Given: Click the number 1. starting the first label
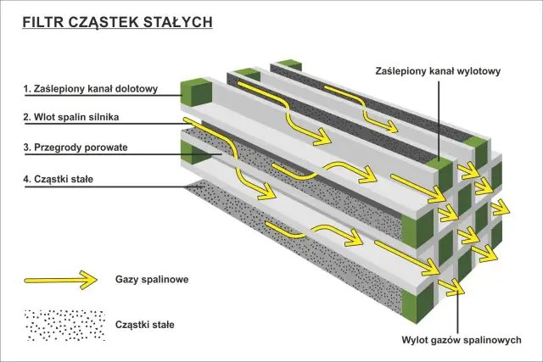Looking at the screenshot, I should (x=27, y=87).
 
